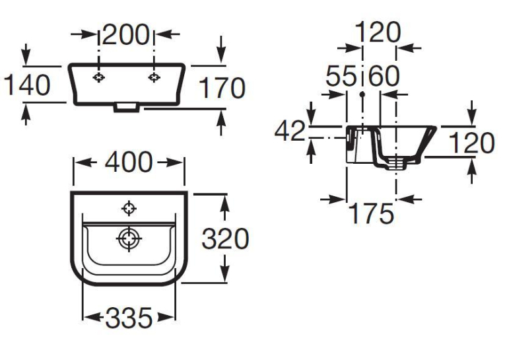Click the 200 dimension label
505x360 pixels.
pos(126,34)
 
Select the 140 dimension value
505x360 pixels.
pos(27,85)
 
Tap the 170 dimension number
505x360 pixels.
pos(222,88)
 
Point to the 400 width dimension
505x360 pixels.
pos(129,162)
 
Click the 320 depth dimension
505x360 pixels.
pos(225,239)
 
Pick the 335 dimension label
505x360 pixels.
pos(129,318)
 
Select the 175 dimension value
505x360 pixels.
pos(371,213)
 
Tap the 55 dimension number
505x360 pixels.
pos(341,76)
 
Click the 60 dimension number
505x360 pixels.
pos(384,76)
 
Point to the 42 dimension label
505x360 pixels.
pos(290,131)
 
